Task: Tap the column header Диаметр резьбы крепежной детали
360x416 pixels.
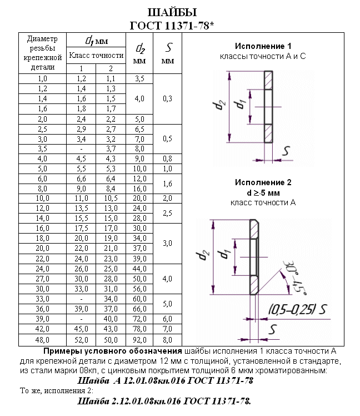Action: click(42, 53)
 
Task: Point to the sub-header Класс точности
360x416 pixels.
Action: click(96, 56)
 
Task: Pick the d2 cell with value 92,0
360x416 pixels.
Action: click(140, 339)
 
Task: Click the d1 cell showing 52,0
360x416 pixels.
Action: click(81, 339)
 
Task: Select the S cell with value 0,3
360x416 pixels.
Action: click(167, 98)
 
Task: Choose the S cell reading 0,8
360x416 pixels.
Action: click(167, 159)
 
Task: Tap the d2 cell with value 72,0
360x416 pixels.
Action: click(140, 319)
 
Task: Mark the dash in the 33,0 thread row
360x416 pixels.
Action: click(81, 299)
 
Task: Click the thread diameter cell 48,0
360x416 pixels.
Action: click(42, 339)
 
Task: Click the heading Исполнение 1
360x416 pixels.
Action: click(263, 46)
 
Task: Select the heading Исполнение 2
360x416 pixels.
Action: click(263, 182)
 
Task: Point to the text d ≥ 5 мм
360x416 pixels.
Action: click(263, 192)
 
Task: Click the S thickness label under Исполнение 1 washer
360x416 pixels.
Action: click(286, 151)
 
